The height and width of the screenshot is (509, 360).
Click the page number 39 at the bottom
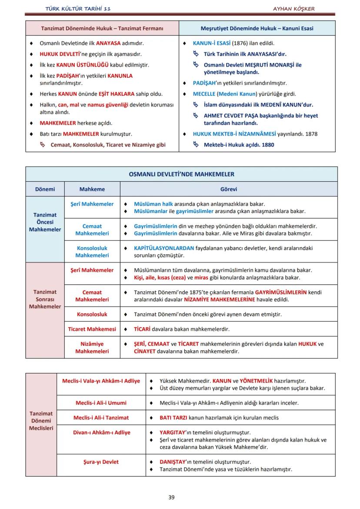171,497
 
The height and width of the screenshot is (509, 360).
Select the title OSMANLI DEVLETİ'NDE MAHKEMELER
181,174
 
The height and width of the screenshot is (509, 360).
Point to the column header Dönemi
45,190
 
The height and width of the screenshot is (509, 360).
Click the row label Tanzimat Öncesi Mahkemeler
45,222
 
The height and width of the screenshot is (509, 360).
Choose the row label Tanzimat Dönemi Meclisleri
41,421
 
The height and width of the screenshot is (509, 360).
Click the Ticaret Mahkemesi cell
92,329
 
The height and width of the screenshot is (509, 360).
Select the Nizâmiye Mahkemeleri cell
92,347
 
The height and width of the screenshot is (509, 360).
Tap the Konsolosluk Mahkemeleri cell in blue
92,252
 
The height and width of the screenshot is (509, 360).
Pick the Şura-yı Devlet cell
101,462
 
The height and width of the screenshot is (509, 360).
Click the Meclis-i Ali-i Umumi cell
101,403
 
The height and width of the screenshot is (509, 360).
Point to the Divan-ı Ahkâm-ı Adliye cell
101,432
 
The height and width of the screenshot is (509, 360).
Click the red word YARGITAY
173,432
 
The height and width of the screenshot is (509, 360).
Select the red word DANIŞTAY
173,462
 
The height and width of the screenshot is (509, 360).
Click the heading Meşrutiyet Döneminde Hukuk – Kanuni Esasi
257,29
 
